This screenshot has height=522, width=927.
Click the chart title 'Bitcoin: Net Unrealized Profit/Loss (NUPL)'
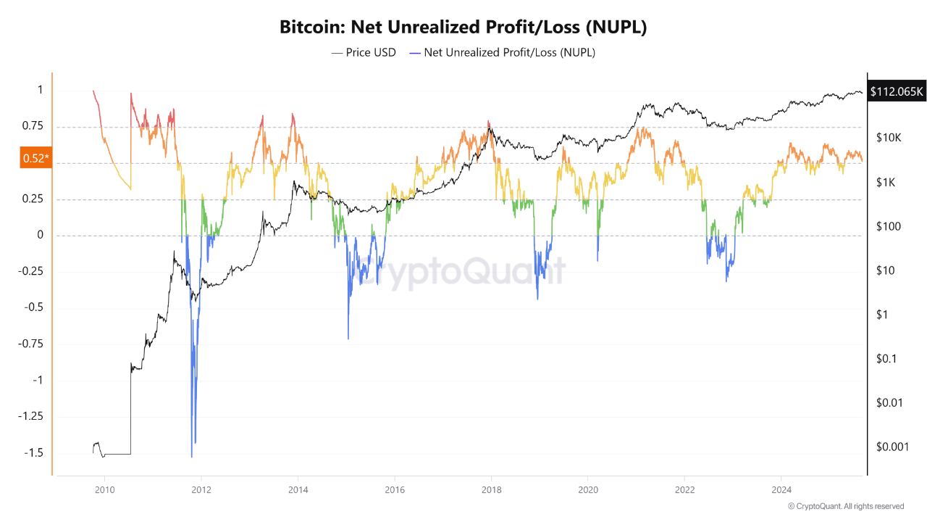(x=463, y=28)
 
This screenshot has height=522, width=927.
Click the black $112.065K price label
(x=897, y=91)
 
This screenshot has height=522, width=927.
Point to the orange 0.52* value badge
(x=36, y=159)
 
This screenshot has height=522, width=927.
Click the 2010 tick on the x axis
(x=104, y=490)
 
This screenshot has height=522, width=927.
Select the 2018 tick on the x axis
(x=491, y=490)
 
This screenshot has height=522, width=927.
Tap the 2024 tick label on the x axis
(x=781, y=490)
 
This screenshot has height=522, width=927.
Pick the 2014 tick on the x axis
(x=298, y=490)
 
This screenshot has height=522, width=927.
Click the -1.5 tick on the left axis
(x=33, y=452)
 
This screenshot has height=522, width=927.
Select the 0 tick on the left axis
(x=40, y=235)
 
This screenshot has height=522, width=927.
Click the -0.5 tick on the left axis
(x=33, y=307)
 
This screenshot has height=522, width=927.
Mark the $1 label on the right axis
(x=881, y=315)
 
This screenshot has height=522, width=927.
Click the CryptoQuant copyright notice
(x=845, y=506)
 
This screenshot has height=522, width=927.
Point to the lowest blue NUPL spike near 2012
(x=192, y=456)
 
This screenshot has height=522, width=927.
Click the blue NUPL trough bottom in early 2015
(x=348, y=338)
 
